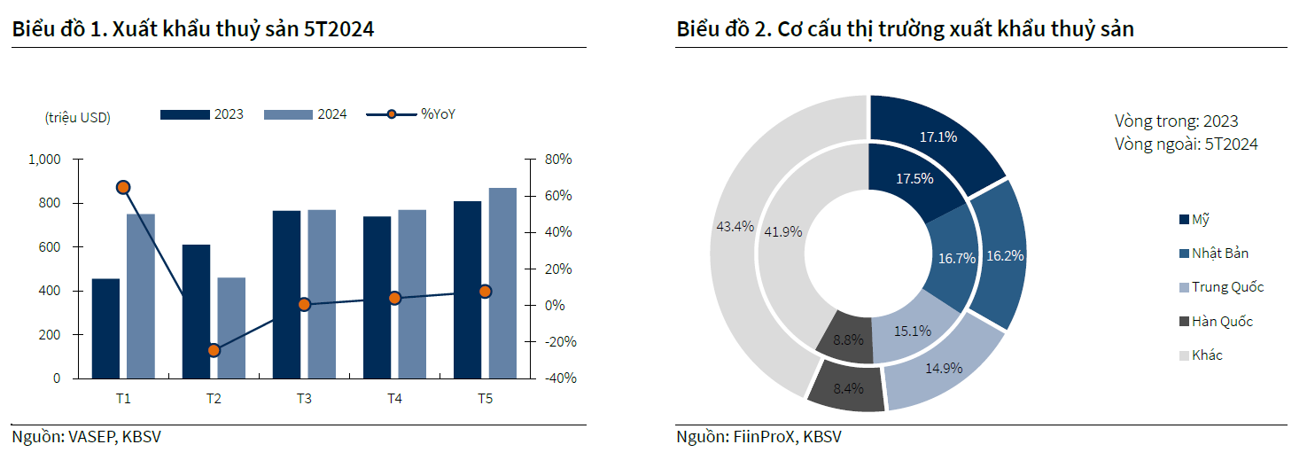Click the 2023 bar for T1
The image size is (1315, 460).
pos(105,329)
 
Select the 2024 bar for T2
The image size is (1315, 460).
pos(231,328)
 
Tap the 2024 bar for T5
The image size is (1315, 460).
pos(502,284)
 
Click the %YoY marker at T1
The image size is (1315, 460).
pos(123,187)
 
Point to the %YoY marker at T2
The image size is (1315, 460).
pos(214,350)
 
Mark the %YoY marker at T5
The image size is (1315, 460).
pos(485,291)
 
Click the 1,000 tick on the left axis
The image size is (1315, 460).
pos(44,160)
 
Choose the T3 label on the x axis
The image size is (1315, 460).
pos(304,399)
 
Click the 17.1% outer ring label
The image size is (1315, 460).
pos(938,137)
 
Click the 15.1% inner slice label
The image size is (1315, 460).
pos(912,331)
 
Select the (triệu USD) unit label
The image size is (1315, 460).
pos(77,117)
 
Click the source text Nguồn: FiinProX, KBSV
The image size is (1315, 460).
pos(759,437)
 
